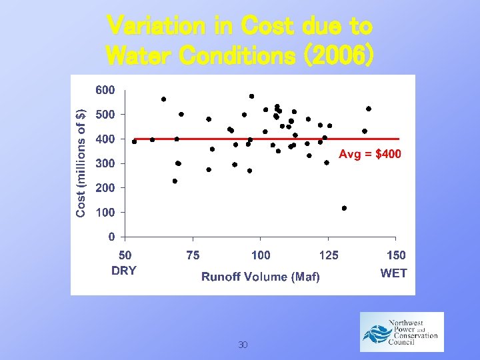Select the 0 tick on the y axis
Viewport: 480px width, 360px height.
112,237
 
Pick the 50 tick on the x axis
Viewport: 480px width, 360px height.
125,255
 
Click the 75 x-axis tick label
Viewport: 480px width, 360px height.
192,255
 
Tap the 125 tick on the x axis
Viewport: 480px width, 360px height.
329,255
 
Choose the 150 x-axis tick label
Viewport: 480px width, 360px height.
396,255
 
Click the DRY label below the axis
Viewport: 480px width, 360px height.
124,271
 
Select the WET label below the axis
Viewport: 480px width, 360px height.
393,273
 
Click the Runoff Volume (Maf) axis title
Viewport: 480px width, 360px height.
261,277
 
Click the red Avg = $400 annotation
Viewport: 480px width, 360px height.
369,155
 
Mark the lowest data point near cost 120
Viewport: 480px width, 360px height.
344,208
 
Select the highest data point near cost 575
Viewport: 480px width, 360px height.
251,96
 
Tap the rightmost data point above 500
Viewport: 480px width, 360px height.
369,109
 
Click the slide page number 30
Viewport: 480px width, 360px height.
243,345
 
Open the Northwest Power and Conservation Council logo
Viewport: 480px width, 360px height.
401,331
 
